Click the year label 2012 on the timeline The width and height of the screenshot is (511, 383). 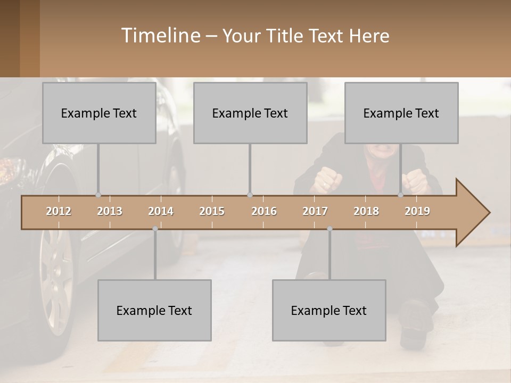(59, 211)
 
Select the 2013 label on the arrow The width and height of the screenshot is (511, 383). (110, 211)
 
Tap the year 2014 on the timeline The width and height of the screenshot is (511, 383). (161, 211)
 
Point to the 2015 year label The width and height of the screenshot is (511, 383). (212, 211)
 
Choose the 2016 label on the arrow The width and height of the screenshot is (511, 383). (264, 211)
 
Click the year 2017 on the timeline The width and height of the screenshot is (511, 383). (315, 211)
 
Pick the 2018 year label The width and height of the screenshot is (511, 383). (366, 211)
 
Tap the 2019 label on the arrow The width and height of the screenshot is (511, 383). (417, 211)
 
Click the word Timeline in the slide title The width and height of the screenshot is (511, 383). (160, 36)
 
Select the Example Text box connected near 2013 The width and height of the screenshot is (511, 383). (99, 113)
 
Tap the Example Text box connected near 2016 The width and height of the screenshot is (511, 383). (250, 113)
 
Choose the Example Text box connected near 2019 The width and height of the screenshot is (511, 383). (401, 113)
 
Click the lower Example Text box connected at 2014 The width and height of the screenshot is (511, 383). (154, 310)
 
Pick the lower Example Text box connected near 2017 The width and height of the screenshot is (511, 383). (329, 310)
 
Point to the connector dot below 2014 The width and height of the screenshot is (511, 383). (155, 229)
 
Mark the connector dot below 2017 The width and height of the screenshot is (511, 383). (329, 229)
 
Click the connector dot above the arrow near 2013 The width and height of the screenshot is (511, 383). (98, 195)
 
